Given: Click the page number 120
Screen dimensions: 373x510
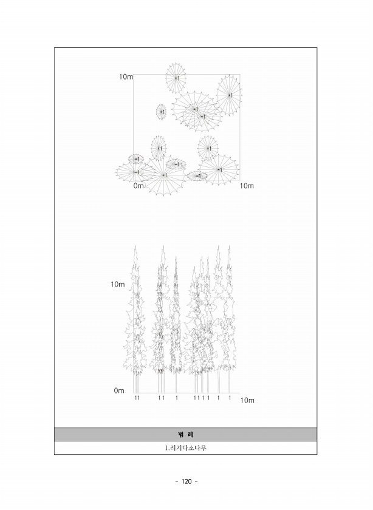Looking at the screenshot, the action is point(187,481).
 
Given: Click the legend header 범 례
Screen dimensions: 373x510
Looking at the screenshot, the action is point(185,435).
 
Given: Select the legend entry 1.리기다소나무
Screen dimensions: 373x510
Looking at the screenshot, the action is point(185,448).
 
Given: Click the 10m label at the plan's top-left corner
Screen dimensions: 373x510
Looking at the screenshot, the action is point(126,76).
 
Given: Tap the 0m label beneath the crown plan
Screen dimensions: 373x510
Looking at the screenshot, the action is point(139,186).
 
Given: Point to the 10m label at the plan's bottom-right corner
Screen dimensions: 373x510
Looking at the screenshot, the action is point(247,186).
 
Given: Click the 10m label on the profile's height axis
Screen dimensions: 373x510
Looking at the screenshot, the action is point(117,284).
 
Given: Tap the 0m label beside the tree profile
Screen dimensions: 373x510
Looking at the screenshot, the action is point(119,390).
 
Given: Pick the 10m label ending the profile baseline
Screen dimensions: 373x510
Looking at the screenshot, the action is point(247,400).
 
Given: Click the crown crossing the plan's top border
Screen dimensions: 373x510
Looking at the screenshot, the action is point(176,78).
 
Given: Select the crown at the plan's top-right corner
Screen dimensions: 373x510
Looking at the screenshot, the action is point(230,95).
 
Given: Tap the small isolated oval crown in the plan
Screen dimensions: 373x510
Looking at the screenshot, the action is point(161,112).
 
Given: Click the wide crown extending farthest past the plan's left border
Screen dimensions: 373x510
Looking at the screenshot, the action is point(135,172).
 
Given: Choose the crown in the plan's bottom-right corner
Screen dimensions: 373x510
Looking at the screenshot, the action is point(219,169).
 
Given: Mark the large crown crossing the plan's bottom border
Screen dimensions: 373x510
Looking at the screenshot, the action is point(163,175).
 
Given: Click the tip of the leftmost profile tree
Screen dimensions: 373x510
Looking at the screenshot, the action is point(135,245).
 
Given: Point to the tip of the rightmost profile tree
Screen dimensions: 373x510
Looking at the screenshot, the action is point(229,246).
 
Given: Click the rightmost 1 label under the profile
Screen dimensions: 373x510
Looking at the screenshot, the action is point(230,398).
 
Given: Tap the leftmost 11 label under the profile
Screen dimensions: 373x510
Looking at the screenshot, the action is point(137,398).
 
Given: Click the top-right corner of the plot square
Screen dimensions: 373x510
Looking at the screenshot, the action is point(240,75).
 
